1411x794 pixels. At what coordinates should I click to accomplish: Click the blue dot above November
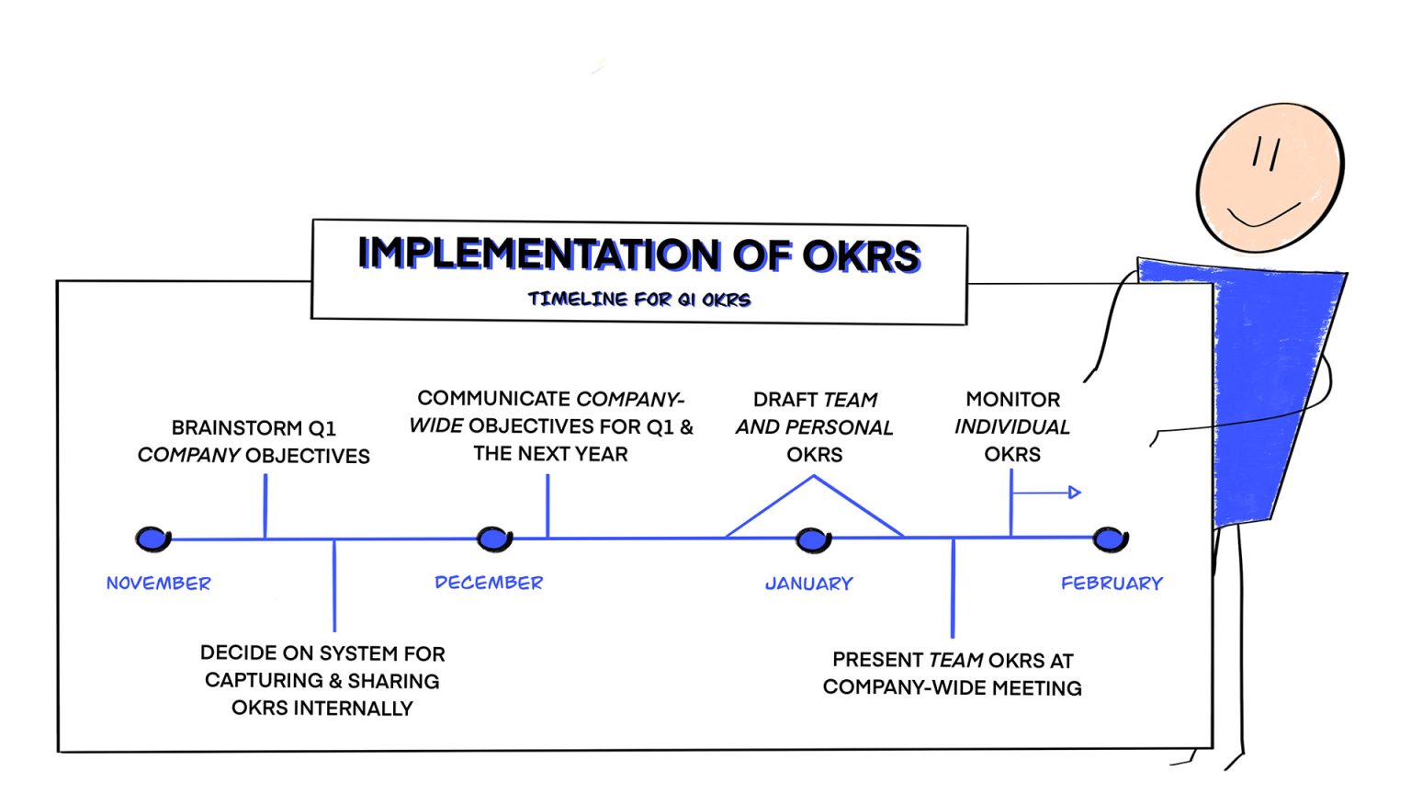[153, 539]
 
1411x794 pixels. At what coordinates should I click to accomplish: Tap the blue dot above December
[494, 539]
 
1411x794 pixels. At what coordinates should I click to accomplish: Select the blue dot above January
[813, 540]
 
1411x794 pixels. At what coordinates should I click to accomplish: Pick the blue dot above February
[1111, 539]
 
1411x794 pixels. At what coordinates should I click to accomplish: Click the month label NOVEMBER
[159, 584]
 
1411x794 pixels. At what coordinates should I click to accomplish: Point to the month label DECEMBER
[489, 583]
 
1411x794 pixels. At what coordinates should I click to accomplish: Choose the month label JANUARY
[809, 584]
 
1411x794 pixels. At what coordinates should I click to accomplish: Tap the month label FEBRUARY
[1112, 584]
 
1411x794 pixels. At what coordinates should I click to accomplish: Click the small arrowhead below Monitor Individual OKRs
[1075, 493]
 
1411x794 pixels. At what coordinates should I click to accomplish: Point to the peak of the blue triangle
[813, 476]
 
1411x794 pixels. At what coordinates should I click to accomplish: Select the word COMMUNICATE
[494, 398]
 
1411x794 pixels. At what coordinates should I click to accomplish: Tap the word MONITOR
[1013, 400]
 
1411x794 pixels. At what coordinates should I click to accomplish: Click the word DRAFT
[785, 400]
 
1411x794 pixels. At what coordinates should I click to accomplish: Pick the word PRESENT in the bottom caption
[877, 660]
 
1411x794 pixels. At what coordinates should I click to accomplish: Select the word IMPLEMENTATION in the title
[539, 254]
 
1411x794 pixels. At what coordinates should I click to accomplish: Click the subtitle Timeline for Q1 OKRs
[639, 300]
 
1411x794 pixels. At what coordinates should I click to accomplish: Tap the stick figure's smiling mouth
[1264, 217]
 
